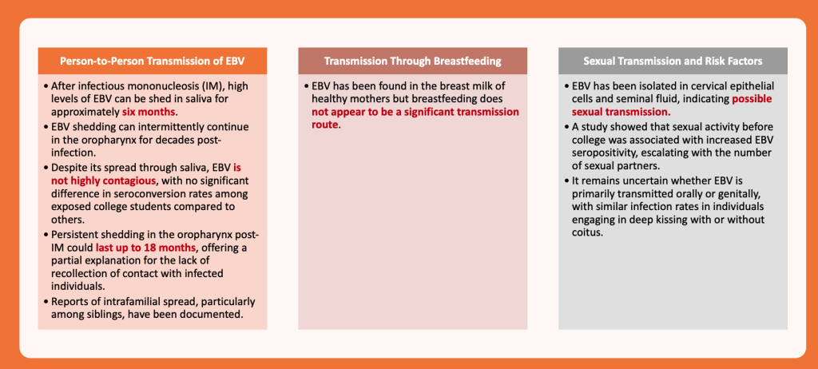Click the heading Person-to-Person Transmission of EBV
point(153,61)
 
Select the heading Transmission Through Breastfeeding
point(413,61)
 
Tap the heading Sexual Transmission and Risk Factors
point(673,61)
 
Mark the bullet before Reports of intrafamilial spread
point(46,302)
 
